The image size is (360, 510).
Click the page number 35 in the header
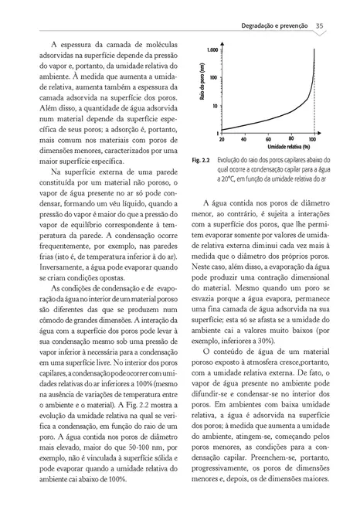[319, 27]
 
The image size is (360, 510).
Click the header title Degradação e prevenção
[273, 27]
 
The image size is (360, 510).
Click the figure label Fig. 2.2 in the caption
[202, 160]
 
